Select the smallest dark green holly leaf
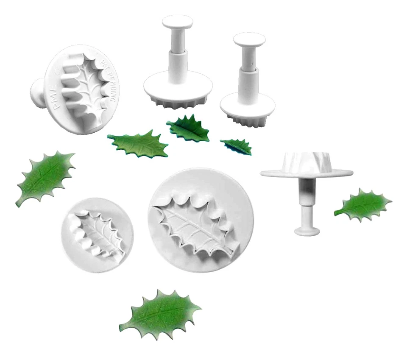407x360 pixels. click(237, 145)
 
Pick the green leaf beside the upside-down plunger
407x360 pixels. click(362, 205)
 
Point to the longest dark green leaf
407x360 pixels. click(138, 144)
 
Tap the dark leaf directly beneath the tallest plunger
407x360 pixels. click(188, 128)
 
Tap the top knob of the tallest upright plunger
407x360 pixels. click(177, 22)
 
